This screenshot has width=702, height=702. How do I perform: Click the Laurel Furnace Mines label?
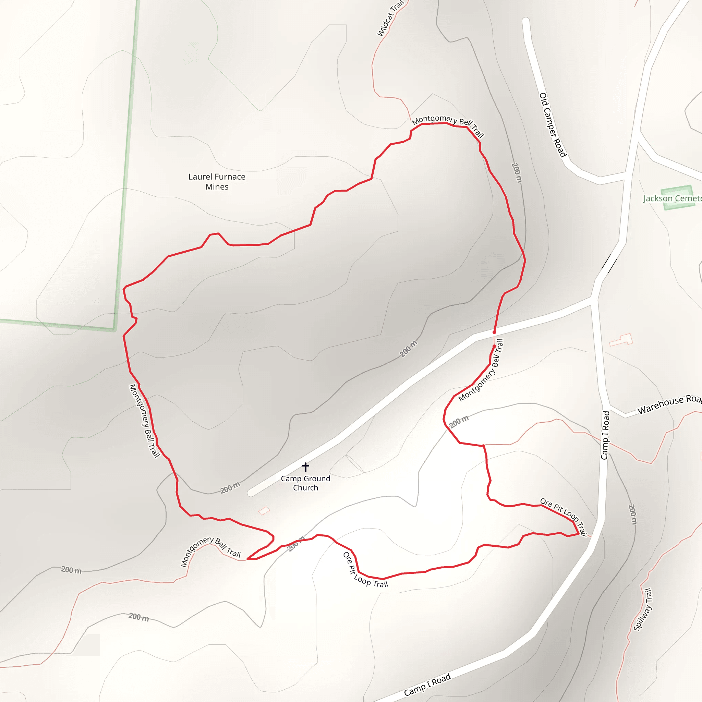217,182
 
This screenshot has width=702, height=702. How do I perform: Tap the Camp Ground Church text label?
305,483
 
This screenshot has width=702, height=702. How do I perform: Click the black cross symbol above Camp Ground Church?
305,467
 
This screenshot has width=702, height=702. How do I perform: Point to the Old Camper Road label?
553,125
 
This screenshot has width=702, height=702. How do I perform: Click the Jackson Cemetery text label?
672,198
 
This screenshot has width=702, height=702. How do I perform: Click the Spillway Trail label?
643,609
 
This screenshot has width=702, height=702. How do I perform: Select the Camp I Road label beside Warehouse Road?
605,435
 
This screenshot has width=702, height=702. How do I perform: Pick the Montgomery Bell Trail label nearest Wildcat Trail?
448,126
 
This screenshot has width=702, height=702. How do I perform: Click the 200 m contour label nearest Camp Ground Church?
230,487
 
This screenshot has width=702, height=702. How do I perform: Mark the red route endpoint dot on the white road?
494,332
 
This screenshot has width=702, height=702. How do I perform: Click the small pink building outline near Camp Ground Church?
264,511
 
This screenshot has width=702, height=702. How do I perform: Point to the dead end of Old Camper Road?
525,21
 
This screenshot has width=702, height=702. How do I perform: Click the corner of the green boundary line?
114,329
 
